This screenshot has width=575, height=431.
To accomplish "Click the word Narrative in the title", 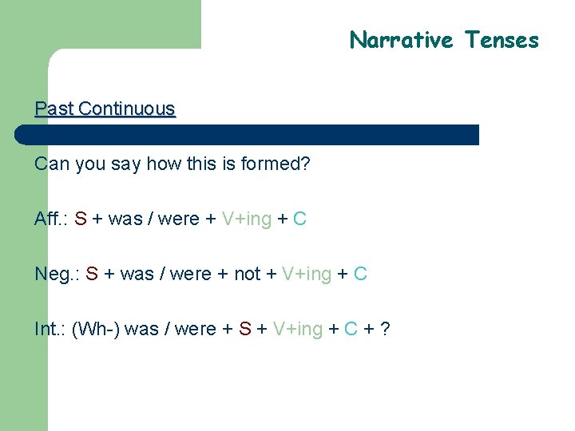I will click(x=401, y=40).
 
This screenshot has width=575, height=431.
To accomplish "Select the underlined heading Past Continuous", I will click(x=105, y=109).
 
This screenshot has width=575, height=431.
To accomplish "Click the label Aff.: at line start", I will click(x=50, y=219).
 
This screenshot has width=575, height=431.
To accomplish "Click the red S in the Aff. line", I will click(x=81, y=219).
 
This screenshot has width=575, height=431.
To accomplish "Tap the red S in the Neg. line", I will click(x=92, y=275).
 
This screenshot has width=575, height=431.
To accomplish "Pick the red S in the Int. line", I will click(x=245, y=329).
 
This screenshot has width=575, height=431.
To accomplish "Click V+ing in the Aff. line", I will click(x=247, y=219).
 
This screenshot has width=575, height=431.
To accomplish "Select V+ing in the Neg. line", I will click(x=307, y=275).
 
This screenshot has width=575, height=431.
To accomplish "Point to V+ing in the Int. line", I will click(x=298, y=329).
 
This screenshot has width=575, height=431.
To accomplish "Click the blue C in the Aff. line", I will click(x=299, y=219).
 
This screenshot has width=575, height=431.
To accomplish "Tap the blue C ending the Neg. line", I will click(x=360, y=275).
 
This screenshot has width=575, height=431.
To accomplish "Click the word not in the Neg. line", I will click(x=247, y=275).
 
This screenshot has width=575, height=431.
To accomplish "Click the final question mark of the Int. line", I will click(x=386, y=329).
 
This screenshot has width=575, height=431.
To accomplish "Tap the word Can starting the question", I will click(x=52, y=164).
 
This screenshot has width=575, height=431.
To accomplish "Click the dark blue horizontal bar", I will click(x=248, y=135).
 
